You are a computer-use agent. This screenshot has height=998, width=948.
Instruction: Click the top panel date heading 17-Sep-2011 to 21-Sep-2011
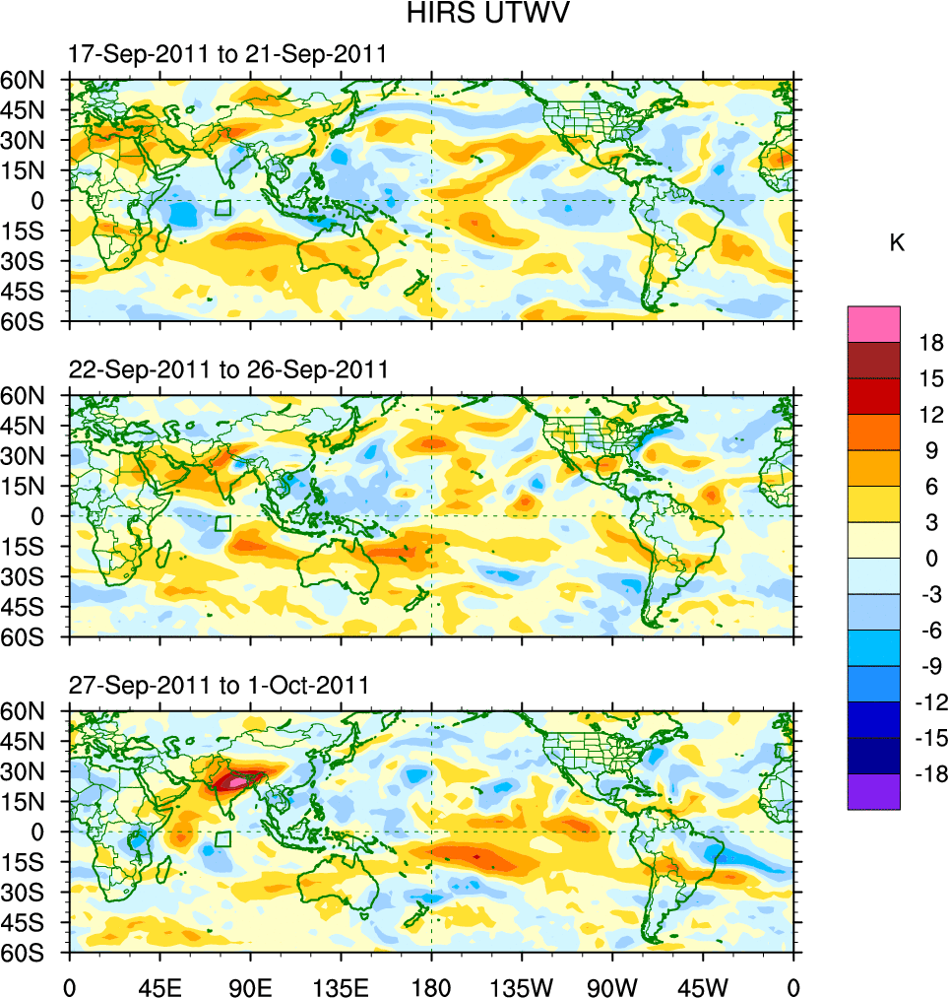(226, 55)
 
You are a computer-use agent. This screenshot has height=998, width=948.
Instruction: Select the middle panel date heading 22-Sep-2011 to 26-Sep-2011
(227, 369)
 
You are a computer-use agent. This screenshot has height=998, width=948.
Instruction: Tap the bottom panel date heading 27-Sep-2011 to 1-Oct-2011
(219, 686)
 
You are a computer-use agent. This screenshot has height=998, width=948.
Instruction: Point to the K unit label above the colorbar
(897, 243)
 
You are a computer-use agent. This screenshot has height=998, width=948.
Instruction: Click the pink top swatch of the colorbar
(873, 323)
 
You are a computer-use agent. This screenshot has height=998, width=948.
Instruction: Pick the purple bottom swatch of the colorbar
(873, 791)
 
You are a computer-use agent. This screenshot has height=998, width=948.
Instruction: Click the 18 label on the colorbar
(932, 343)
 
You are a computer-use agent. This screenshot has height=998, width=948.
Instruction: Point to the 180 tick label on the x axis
(431, 985)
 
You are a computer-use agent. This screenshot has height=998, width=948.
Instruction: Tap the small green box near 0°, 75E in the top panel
(223, 208)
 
